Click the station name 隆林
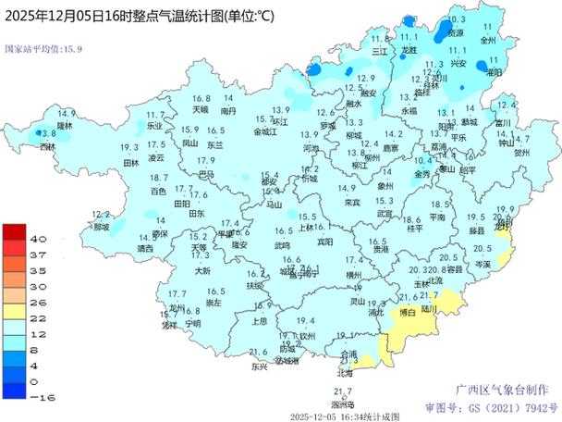click(65, 124)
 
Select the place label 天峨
click(200, 109)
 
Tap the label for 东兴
click(259, 366)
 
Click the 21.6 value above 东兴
click(259, 352)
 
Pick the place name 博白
click(408, 313)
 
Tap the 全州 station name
click(488, 41)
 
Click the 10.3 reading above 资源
click(456, 19)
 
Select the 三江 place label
click(379, 52)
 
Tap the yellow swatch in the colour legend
click(14, 307)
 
